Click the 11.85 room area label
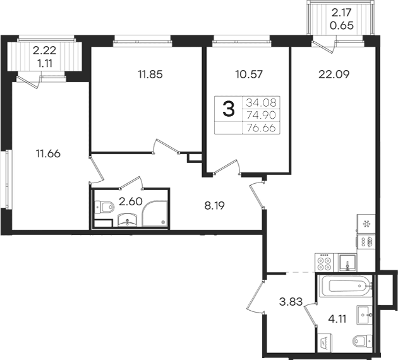point(150,75)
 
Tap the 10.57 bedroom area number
point(249,75)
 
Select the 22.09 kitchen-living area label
point(334,75)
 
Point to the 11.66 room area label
point(48,153)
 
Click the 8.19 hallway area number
point(215,206)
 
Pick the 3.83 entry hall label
point(291,302)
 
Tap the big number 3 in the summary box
point(229,109)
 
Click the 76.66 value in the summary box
point(261,128)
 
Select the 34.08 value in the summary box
point(261,103)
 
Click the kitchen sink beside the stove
point(347,263)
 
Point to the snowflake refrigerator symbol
point(366,224)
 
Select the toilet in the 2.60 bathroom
point(104,207)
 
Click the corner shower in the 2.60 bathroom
point(155,214)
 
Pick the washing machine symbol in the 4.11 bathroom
point(325,343)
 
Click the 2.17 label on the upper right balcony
point(341,12)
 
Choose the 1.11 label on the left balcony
point(45,63)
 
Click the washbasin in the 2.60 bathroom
point(128,220)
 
